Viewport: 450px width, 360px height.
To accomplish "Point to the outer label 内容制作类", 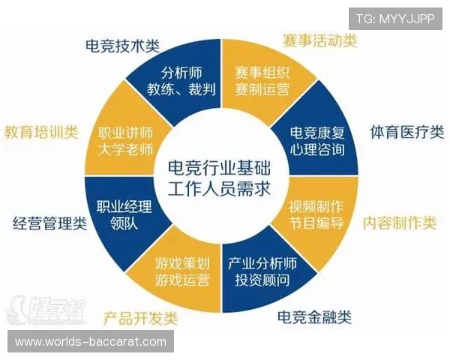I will tap(400, 223).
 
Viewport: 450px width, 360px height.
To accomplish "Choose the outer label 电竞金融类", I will tap(313, 316).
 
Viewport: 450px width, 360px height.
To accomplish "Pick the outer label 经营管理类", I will tap(51, 223).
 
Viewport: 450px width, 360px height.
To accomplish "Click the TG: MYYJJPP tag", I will tap(395, 19).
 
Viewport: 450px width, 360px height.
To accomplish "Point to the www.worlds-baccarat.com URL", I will tap(91, 342).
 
